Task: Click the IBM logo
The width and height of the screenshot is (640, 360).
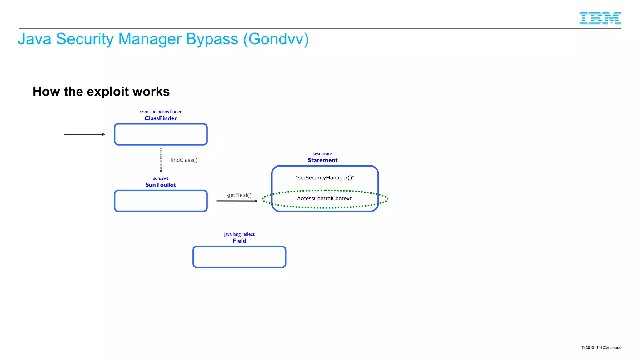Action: [x=600, y=18]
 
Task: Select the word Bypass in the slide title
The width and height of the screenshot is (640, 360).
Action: [x=212, y=39]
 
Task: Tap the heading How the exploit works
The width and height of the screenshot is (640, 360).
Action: [x=101, y=92]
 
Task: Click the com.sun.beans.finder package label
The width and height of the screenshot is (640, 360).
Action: [x=161, y=112]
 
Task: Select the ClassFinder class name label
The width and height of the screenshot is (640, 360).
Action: [x=161, y=118]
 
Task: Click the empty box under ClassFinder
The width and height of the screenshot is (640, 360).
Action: [x=161, y=134]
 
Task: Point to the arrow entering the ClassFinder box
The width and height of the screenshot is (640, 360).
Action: [x=84, y=134]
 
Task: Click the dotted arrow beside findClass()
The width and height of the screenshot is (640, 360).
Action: [x=161, y=160]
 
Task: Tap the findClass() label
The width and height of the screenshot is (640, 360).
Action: [x=184, y=160]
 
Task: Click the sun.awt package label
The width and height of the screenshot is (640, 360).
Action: [x=161, y=178]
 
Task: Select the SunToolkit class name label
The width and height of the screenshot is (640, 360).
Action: [x=161, y=185]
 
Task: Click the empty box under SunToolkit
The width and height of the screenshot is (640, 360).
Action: [x=161, y=201]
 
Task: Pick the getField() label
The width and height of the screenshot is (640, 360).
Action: [x=239, y=195]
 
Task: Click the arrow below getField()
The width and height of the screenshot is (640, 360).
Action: [x=237, y=201]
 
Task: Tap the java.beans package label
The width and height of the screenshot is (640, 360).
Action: [x=322, y=154]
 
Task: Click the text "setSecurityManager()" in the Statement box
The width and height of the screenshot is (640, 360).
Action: [x=325, y=177]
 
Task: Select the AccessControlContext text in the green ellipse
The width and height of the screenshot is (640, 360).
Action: [x=324, y=198]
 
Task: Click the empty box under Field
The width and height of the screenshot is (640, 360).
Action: [x=239, y=257]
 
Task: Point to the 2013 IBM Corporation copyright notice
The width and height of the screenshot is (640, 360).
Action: [x=602, y=347]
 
